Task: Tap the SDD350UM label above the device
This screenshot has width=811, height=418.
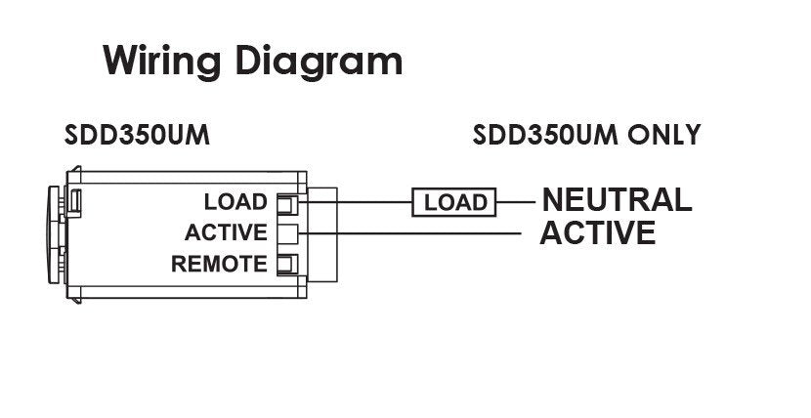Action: coord(138,135)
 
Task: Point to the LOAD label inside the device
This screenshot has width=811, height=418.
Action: coord(235,202)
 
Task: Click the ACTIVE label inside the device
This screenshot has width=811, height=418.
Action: coord(225,232)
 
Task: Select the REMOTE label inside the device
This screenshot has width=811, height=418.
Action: coord(219,264)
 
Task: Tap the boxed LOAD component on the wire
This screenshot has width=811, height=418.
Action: coord(454,202)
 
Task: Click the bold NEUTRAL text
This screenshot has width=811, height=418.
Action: coord(617,200)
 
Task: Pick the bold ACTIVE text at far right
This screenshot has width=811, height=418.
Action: coord(597,233)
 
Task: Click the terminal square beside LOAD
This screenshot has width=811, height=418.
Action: coord(287,202)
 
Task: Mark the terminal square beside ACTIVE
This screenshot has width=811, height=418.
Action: coord(287,232)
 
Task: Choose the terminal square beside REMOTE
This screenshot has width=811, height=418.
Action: coord(287,264)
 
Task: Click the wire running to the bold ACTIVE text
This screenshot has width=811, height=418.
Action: coord(420,233)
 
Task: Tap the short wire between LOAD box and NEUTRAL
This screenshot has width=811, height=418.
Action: coord(517,202)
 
